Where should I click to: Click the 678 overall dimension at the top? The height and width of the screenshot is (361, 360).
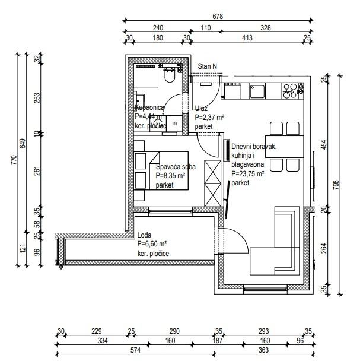click(x=218, y=17)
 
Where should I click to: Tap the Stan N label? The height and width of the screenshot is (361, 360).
click(x=207, y=66)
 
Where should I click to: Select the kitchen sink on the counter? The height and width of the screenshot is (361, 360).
click(x=257, y=91)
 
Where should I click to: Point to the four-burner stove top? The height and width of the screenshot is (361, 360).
click(x=291, y=91)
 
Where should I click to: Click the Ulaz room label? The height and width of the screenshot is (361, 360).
click(x=200, y=109)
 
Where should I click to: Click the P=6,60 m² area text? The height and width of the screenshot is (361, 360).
click(x=152, y=244)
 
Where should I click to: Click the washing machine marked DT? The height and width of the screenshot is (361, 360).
click(x=174, y=123)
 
